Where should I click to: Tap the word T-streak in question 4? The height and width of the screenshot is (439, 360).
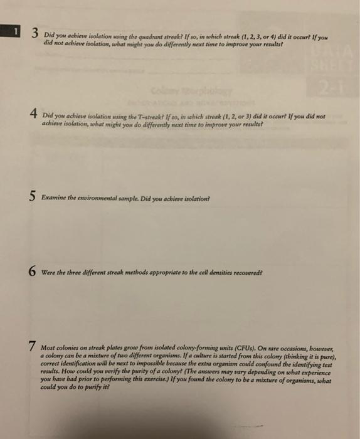tap(164, 115)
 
